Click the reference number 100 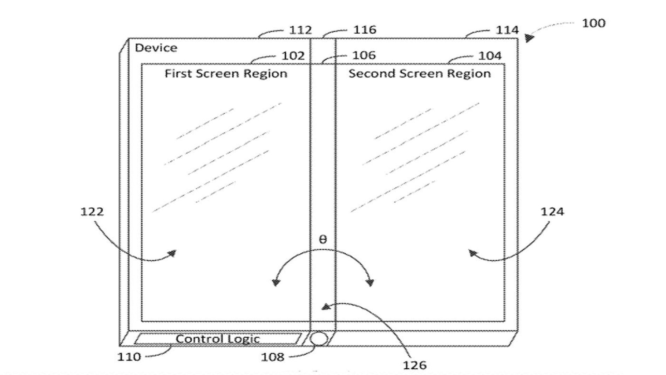point(593,24)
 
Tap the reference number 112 point(300,30)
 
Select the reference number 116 point(365,30)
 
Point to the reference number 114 point(507,31)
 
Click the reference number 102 point(293,56)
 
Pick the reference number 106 point(364,55)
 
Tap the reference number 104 point(490,56)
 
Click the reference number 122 point(92,212)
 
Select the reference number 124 point(552,212)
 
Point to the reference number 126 point(415,365)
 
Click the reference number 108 point(272,357)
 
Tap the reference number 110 point(129,357)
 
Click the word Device point(156,48)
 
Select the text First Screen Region point(226,74)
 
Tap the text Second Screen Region point(420,74)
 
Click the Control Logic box point(217,339)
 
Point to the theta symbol point(322,240)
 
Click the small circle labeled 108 point(318,339)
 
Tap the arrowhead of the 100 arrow point(529,38)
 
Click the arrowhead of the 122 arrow point(172,253)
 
